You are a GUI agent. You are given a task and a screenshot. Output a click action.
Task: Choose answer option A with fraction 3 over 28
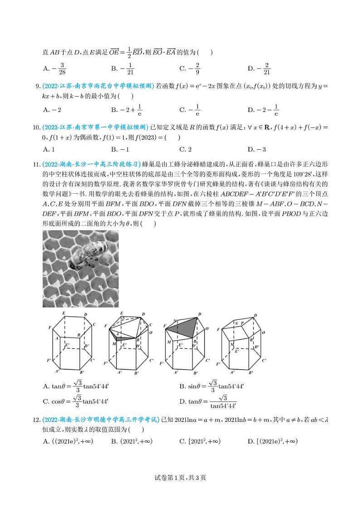pos(55,68)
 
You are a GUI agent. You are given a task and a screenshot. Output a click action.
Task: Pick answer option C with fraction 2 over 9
pos(190,68)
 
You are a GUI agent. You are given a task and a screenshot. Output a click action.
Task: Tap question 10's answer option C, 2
pos(185,149)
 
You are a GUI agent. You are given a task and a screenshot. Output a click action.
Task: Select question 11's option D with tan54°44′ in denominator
pos(208,401)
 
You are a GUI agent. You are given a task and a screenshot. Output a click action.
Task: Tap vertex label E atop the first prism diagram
pos(63,313)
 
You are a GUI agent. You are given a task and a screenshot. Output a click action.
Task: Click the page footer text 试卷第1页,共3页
pos(180,477)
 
